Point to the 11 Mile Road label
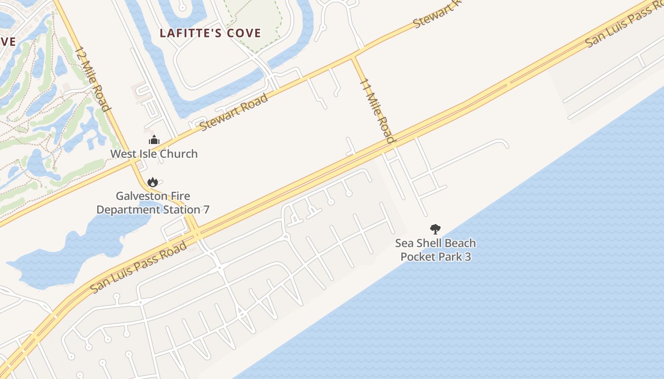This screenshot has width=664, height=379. (x=378, y=110)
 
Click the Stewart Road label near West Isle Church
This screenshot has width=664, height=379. (x=233, y=112)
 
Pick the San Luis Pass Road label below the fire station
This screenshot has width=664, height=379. (x=138, y=267)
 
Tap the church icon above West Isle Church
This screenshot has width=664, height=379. (x=154, y=140)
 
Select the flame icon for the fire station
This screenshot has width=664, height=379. (x=152, y=182)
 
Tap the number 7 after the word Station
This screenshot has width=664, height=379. (x=206, y=209)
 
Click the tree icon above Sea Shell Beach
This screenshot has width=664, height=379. (x=435, y=229)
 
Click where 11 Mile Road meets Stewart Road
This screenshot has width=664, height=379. (x=353, y=58)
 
